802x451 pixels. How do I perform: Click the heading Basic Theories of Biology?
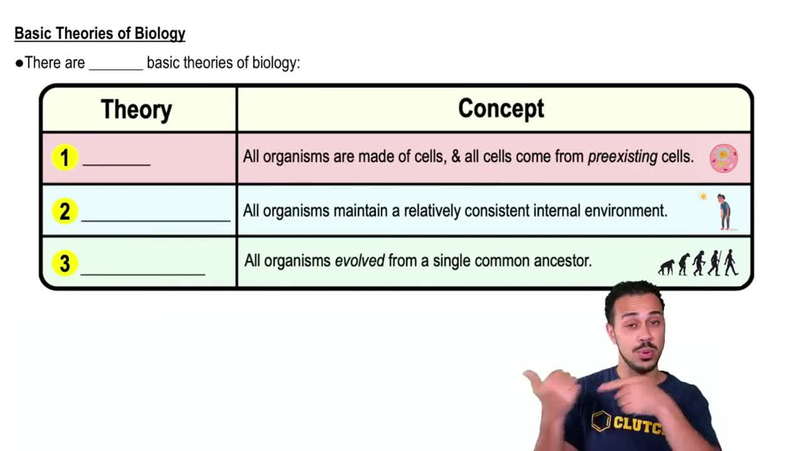[99, 34]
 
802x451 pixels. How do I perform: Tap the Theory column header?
[136, 109]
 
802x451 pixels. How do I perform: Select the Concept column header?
[500, 108]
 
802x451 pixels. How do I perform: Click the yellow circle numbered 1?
[64, 158]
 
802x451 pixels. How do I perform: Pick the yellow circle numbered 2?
[64, 212]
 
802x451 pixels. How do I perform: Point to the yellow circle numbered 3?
[64, 263]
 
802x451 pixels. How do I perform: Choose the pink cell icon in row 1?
[723, 158]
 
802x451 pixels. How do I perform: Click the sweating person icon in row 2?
[724, 212]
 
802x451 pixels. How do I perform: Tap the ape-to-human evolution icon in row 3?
[698, 263]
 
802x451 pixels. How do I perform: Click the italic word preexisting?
[622, 157]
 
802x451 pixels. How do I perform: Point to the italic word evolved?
[359, 261]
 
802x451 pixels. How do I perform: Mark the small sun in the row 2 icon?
[703, 197]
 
